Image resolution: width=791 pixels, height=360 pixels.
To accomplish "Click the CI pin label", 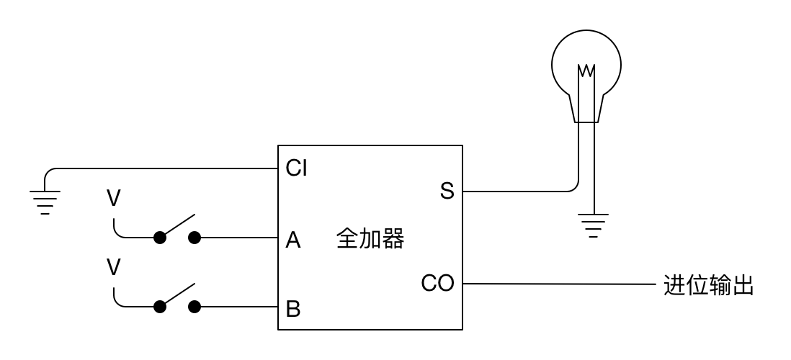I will [297, 169].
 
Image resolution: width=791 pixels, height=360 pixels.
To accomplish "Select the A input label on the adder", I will [293, 240].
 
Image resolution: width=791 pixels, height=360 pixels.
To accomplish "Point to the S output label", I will [447, 192].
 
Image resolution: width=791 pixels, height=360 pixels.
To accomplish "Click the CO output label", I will [438, 284].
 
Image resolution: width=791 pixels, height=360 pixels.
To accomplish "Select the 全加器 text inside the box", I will [370, 239].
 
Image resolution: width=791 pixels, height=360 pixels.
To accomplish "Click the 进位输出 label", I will [708, 285].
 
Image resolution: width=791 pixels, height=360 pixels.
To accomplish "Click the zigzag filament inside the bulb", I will [586, 71].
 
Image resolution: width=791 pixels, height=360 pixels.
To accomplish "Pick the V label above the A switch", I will [113, 199].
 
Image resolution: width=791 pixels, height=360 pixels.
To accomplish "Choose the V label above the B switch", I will [113, 268].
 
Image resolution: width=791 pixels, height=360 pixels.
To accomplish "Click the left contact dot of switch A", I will [159, 238].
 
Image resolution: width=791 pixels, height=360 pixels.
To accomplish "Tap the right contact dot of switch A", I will [194, 238].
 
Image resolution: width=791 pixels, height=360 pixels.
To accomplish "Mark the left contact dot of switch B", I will [159, 307].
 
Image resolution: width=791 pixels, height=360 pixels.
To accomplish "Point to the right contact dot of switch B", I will [194, 307].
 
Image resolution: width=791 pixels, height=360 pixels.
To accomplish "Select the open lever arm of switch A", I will [177, 225].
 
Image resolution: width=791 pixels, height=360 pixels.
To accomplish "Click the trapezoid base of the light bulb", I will [586, 109].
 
